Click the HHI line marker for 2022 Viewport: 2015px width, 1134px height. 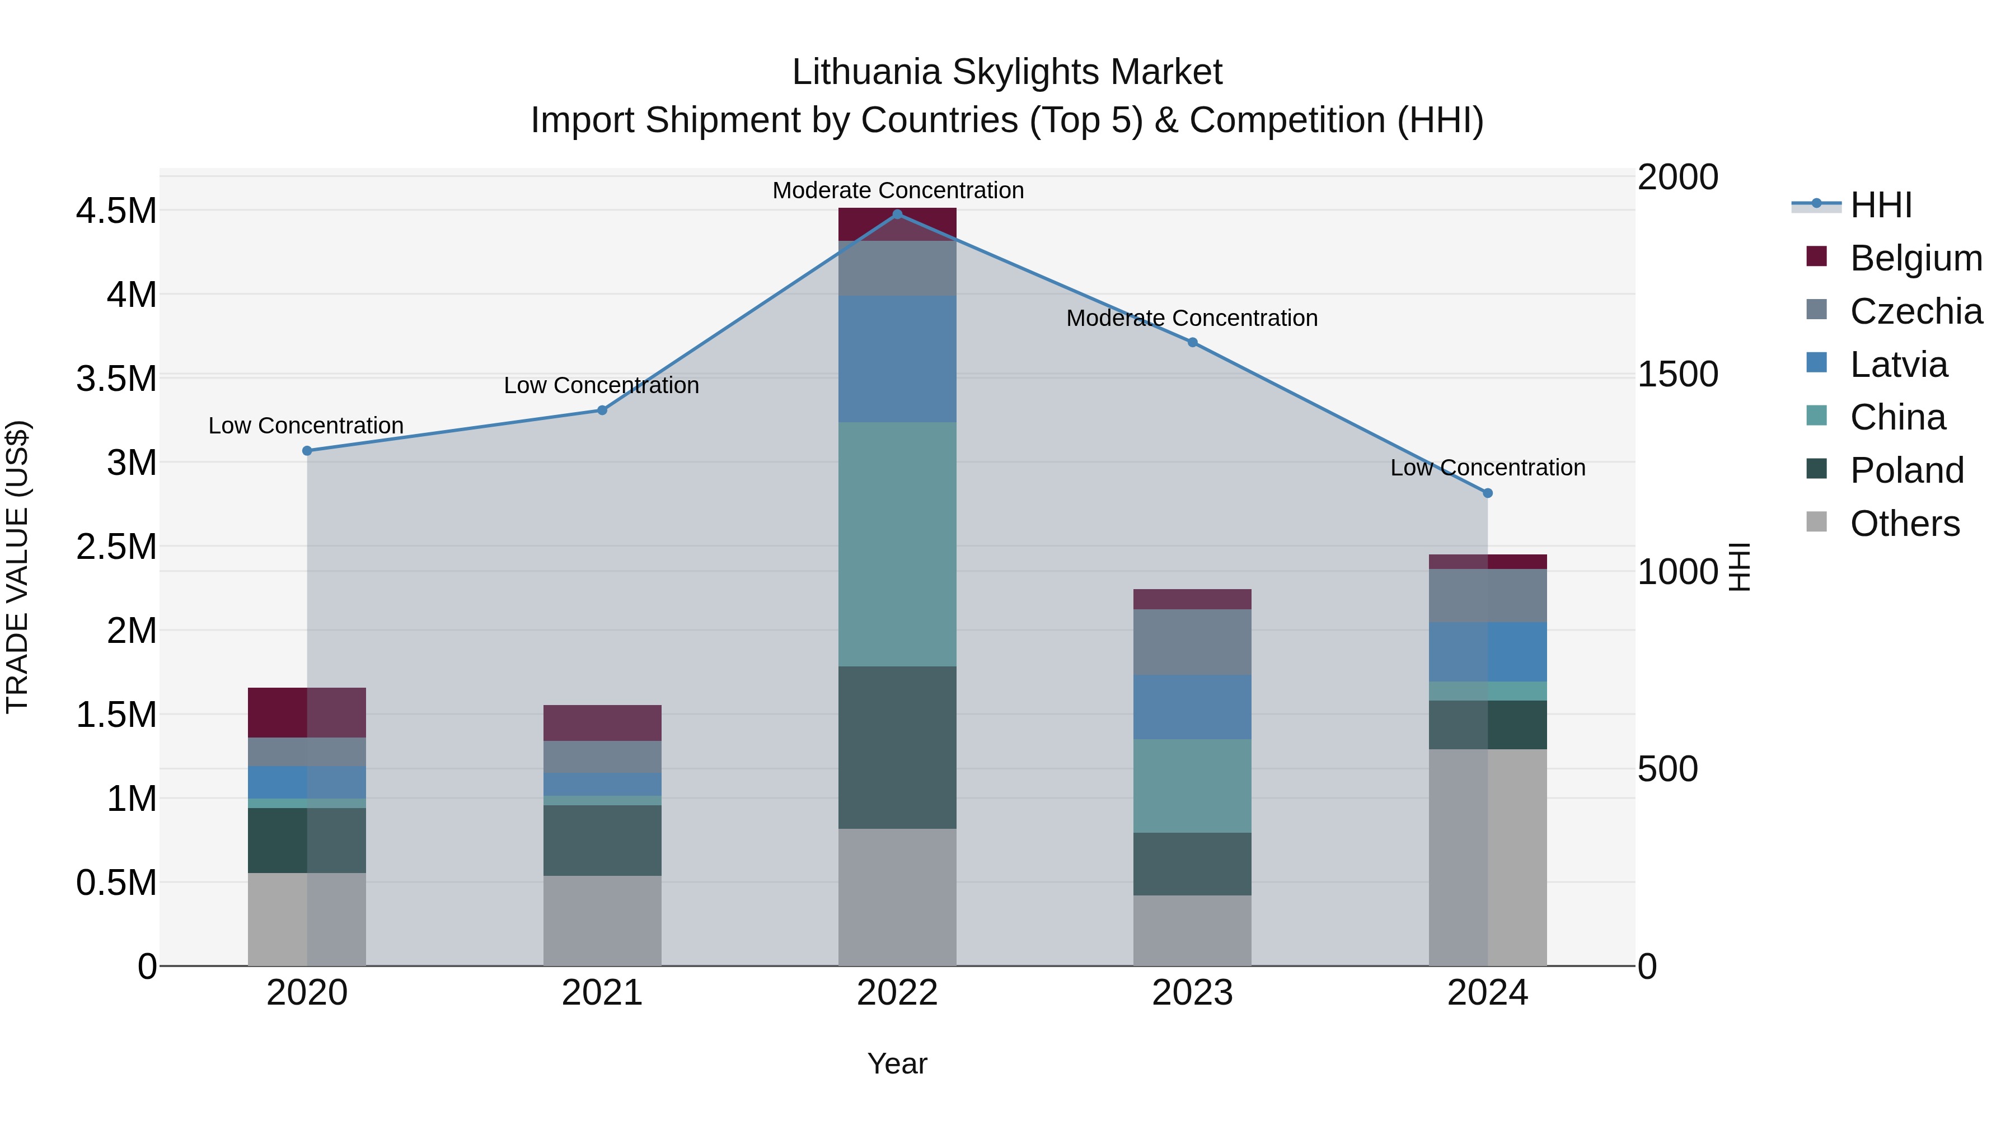coord(897,214)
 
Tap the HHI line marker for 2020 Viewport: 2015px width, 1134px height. coord(307,451)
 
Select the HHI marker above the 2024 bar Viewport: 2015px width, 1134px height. coord(1488,493)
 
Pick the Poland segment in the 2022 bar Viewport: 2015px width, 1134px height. coord(897,748)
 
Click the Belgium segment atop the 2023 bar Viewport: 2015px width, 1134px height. coord(1192,599)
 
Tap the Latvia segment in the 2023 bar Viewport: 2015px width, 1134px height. coord(1192,707)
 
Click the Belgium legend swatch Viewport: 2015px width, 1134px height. coord(1816,256)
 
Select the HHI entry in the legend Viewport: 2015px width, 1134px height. coord(1881,205)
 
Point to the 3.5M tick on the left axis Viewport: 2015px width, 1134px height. coord(116,379)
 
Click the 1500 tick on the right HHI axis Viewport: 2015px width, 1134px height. coord(1678,374)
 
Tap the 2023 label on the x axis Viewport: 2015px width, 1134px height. coord(1192,993)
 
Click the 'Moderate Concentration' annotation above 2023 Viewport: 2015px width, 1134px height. coord(1192,319)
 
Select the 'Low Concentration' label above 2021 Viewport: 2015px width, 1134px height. coord(602,385)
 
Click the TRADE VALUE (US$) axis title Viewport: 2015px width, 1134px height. coord(17,567)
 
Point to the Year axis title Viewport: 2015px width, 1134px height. coord(897,1063)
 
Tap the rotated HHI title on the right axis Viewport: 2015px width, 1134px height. coord(1738,567)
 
